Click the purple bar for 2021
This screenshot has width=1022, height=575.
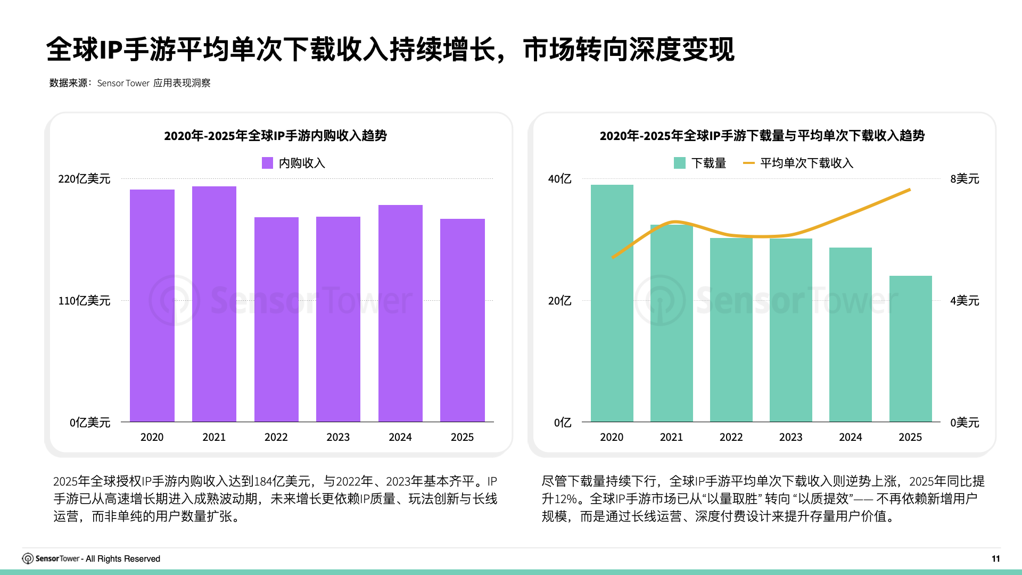tap(214, 303)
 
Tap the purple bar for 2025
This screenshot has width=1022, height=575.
tap(462, 320)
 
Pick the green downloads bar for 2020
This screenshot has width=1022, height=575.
tap(612, 303)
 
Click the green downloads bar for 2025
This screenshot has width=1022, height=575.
tap(910, 349)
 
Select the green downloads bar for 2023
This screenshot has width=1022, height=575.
tap(790, 330)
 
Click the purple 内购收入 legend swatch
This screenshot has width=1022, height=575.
tap(267, 163)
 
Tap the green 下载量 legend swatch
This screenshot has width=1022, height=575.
tap(679, 163)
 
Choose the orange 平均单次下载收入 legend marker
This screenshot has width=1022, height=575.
tap(748, 163)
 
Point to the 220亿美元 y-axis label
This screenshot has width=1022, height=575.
tap(84, 179)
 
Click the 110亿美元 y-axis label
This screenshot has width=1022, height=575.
tap(84, 301)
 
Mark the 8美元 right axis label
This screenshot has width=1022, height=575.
tap(965, 179)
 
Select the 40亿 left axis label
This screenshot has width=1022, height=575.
tap(559, 179)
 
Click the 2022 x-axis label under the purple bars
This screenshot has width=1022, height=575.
tap(276, 437)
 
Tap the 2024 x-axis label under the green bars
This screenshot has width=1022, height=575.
tap(850, 437)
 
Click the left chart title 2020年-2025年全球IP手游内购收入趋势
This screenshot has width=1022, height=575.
tap(275, 136)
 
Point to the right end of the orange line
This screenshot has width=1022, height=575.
tap(910, 190)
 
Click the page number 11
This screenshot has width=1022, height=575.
tap(995, 558)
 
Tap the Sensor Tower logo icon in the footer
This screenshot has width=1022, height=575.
tap(28, 558)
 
